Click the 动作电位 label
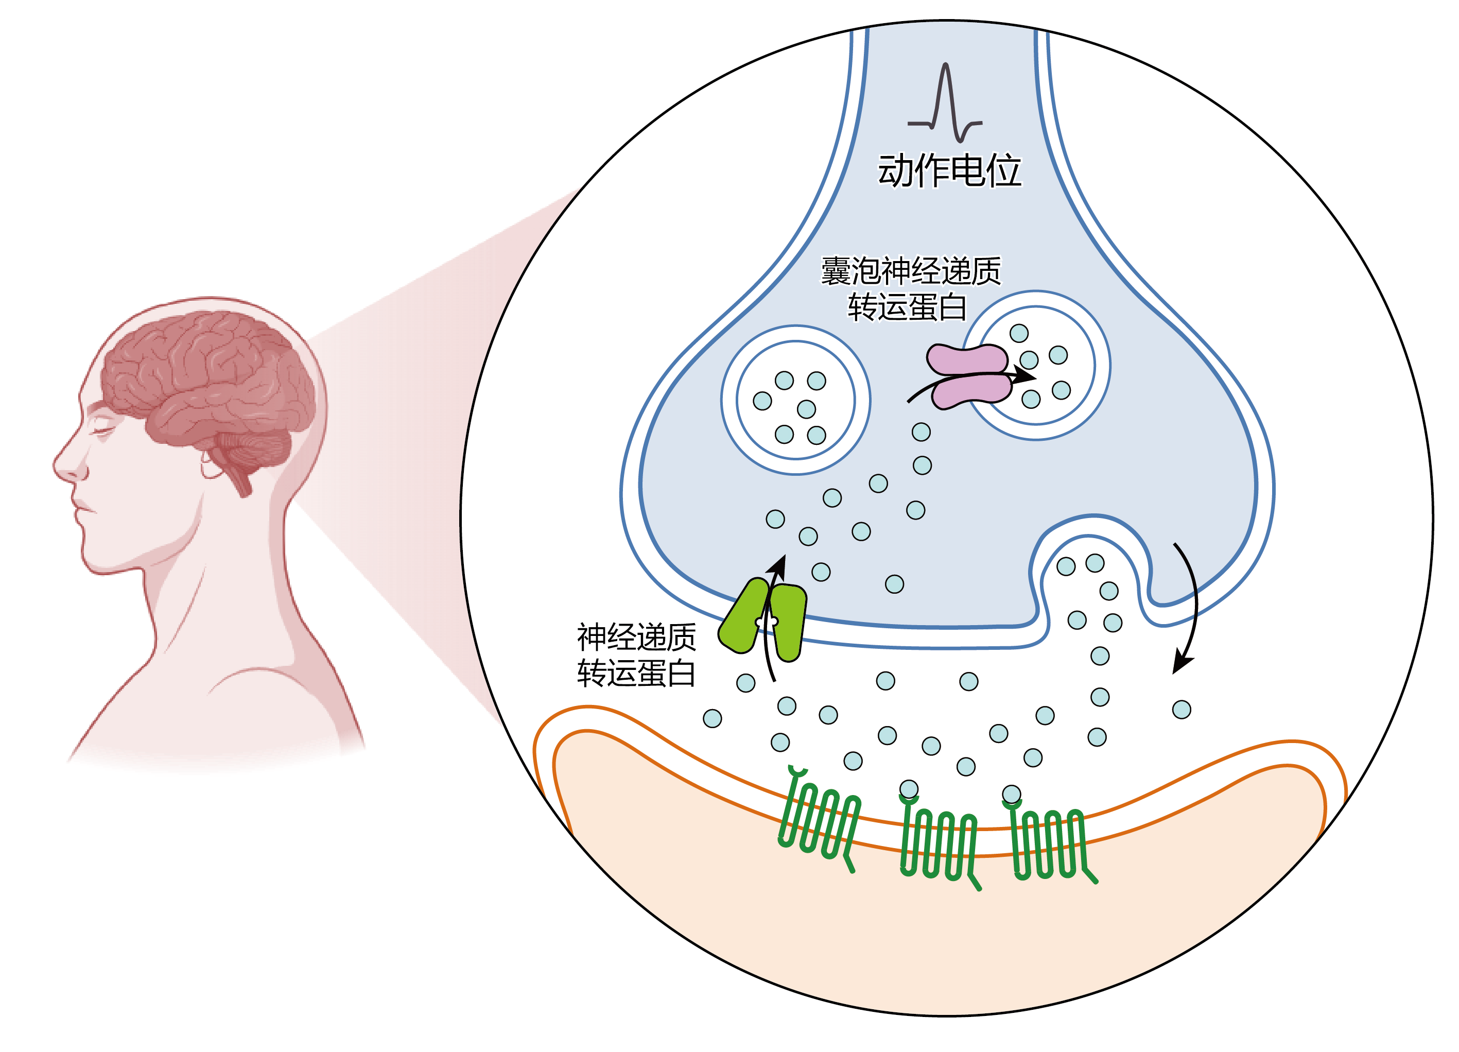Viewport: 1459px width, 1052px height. coord(949,170)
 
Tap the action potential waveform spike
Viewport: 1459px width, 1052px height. coord(946,96)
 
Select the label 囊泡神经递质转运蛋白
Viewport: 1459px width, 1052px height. coord(910,288)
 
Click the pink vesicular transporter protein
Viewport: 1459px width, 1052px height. coord(968,376)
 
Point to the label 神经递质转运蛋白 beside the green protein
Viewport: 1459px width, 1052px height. coord(636,655)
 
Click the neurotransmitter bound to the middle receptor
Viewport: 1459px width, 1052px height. coord(908,789)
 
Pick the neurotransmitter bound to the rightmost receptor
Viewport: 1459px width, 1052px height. coord(1011,794)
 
